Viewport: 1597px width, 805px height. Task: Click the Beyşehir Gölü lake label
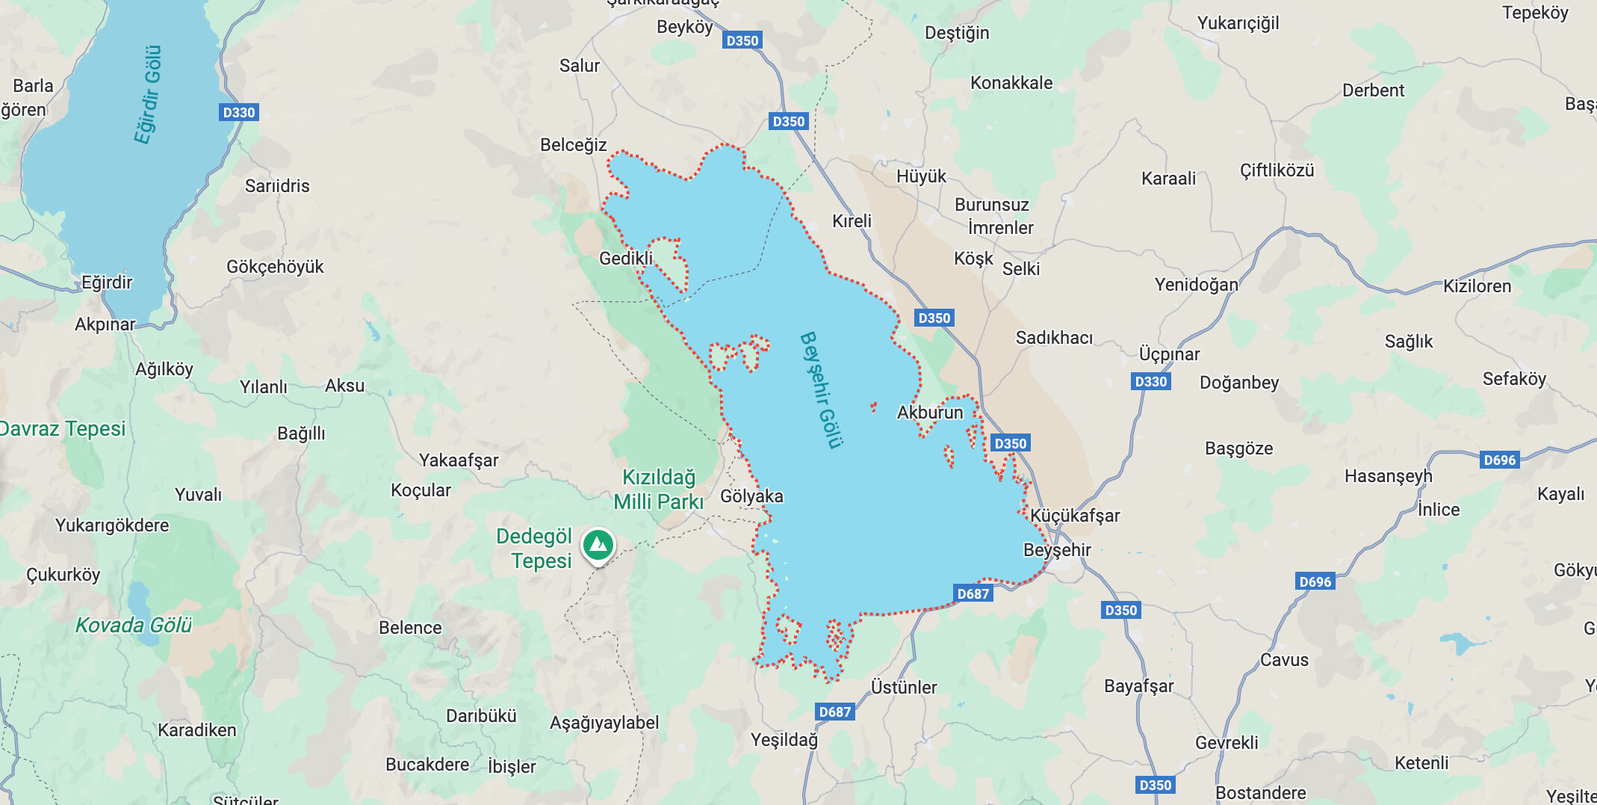tap(821, 390)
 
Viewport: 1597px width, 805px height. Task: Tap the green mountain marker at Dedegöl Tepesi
tap(598, 545)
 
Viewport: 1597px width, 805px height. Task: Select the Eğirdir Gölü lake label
tap(148, 94)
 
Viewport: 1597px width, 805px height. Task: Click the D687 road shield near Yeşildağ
tap(834, 712)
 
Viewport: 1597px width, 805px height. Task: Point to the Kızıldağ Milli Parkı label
tap(658, 490)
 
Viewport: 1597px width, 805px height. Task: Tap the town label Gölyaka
tap(751, 496)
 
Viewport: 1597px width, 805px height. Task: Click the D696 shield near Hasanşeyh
tap(1499, 460)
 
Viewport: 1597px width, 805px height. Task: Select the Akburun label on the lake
tap(930, 413)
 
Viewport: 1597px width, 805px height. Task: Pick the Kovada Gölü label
tap(134, 625)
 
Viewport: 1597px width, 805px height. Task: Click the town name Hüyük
tap(921, 176)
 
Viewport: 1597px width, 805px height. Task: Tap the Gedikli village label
tap(626, 259)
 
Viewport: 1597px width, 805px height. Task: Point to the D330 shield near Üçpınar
tap(1150, 382)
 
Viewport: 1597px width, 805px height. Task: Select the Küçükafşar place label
tap(1075, 516)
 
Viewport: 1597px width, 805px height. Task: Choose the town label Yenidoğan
tap(1196, 285)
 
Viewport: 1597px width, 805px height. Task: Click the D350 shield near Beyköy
tap(742, 41)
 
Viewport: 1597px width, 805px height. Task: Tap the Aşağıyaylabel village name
tap(604, 723)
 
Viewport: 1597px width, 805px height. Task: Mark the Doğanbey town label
tap(1239, 383)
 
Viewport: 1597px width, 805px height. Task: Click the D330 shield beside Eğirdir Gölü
tap(239, 113)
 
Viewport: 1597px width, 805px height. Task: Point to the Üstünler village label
tap(904, 687)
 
